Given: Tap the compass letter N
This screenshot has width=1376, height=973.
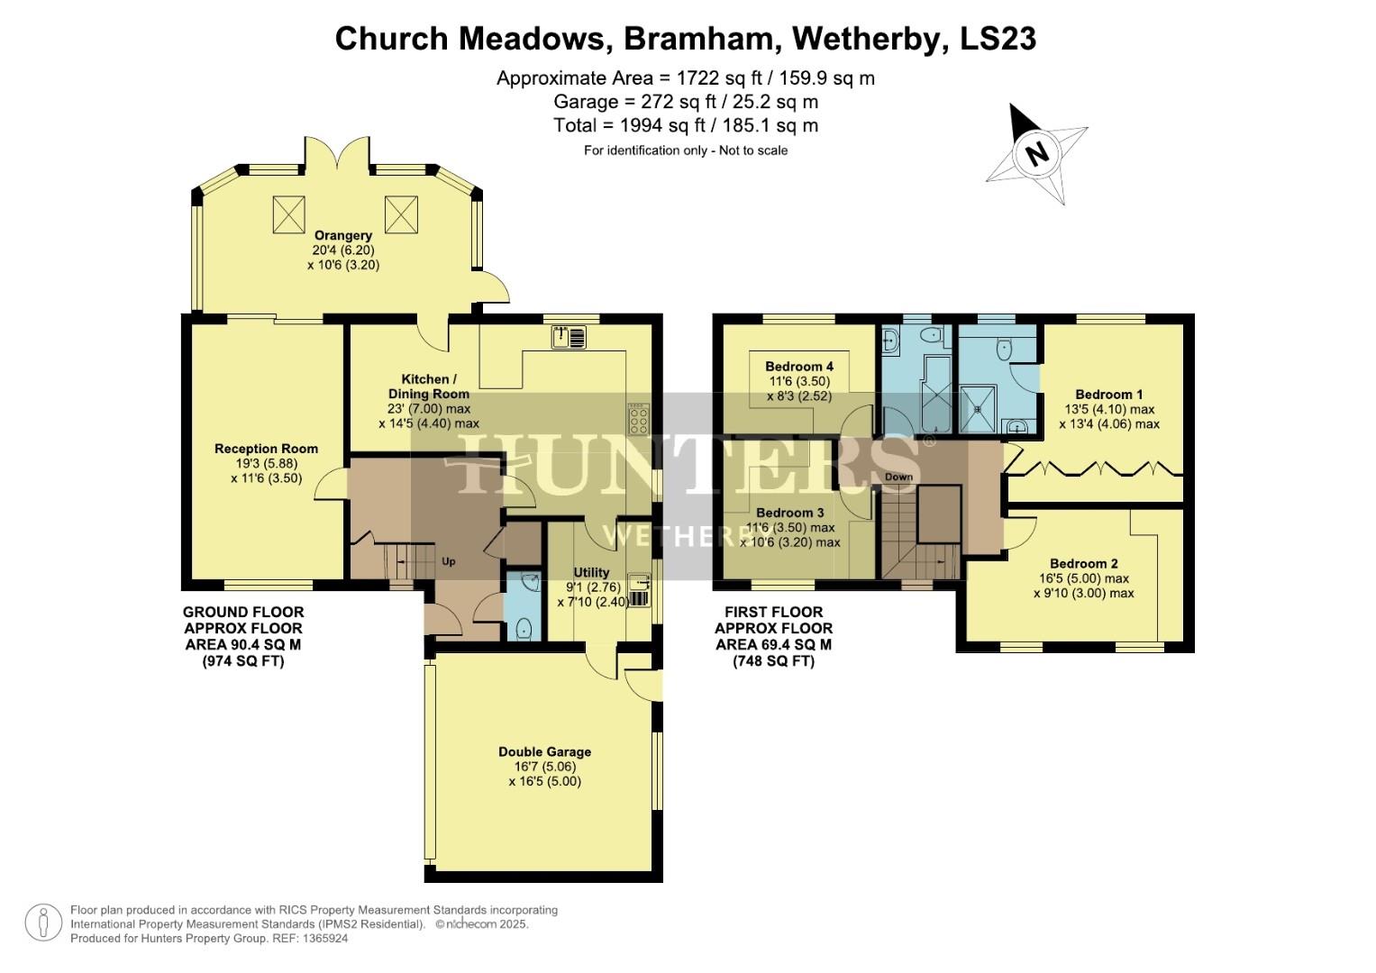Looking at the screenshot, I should tap(1038, 154).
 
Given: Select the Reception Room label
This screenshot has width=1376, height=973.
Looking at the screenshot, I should tap(266, 449).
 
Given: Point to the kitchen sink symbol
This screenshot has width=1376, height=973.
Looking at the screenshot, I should tap(570, 337).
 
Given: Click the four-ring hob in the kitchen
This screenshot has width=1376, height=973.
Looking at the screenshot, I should tap(639, 418).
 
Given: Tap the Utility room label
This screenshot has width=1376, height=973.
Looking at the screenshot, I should tap(591, 572).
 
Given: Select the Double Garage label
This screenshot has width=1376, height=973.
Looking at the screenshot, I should tap(544, 751).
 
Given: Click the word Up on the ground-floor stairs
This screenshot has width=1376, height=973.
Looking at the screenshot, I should tap(448, 561).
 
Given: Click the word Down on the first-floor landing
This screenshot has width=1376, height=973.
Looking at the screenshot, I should tap(898, 477).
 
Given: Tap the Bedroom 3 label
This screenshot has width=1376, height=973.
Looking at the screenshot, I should tap(790, 512).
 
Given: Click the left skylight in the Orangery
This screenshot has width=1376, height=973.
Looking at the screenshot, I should tap(287, 214).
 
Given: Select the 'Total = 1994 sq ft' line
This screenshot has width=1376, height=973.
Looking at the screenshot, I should tap(686, 125).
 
